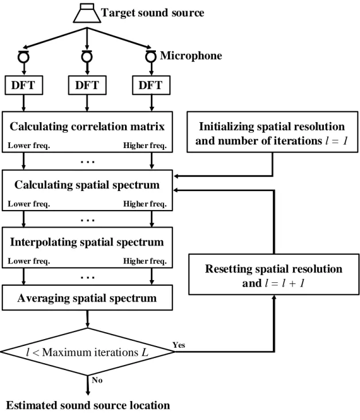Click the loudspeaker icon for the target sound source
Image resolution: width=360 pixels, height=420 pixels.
[87, 13]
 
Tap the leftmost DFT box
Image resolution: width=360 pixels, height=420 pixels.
[24, 85]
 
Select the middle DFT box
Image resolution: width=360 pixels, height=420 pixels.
[87, 85]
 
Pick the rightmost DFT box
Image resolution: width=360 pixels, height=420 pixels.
[151, 85]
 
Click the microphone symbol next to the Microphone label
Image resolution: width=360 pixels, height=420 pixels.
[151, 56]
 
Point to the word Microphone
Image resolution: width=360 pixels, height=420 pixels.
[191, 56]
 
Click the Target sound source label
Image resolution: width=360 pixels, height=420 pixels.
[152, 13]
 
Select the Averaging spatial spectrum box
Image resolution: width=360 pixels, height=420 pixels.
[87, 298]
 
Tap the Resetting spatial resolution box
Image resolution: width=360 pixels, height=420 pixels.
[274, 274]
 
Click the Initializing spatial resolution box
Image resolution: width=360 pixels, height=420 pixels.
[272, 132]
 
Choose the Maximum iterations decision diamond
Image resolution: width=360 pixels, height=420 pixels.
[87, 352]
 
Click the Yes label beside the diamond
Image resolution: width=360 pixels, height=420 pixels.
[178, 345]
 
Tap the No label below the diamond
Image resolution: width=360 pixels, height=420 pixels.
[97, 380]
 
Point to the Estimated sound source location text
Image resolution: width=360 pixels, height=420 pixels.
[88, 405]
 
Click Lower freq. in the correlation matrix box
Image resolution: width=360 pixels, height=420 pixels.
[29, 145]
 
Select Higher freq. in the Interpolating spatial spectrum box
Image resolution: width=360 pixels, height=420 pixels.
[145, 261]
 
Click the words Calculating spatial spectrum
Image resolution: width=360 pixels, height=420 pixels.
[87, 185]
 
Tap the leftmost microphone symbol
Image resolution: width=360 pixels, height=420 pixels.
[24, 56]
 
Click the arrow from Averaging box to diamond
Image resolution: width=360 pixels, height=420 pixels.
[88, 319]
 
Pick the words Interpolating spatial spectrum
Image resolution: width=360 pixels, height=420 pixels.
[87, 242]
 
